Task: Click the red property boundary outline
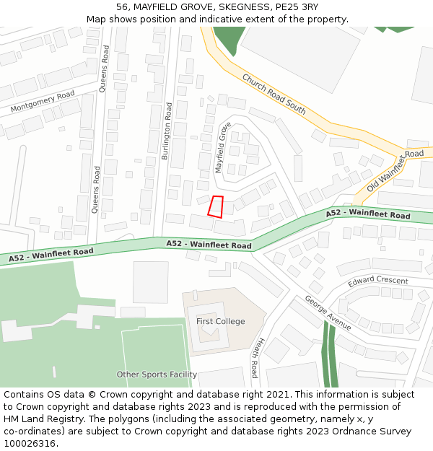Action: click(x=216, y=206)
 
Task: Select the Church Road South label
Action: click(x=274, y=94)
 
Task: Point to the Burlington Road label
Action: click(x=167, y=131)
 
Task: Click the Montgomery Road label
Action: click(x=43, y=102)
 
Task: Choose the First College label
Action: click(x=221, y=321)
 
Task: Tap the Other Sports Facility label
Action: click(x=157, y=375)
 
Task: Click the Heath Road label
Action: click(x=255, y=359)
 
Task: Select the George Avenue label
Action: click(x=328, y=312)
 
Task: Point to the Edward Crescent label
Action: click(x=377, y=281)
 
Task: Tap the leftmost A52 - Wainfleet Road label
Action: click(x=51, y=254)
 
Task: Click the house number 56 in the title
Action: click(x=122, y=7)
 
